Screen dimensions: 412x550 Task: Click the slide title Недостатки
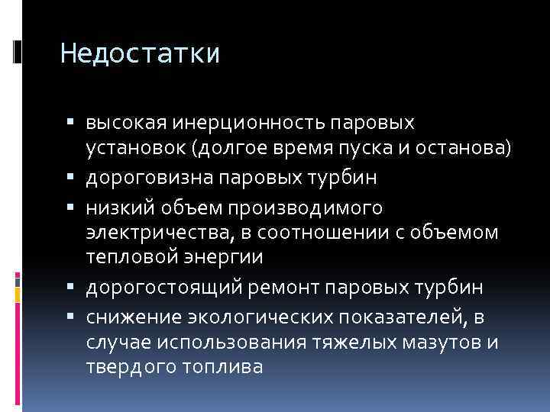pos(140,54)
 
